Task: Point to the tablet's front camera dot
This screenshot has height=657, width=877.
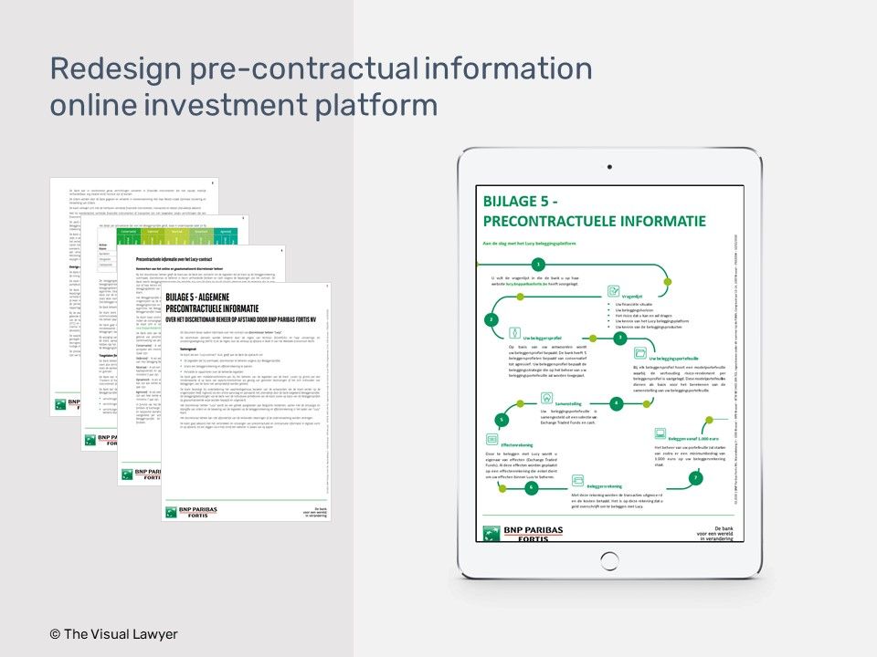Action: pos(609,168)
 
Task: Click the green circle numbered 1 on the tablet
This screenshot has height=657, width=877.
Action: pos(539,264)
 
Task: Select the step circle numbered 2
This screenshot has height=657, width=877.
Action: pos(491,319)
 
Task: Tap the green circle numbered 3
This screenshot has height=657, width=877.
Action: pos(619,338)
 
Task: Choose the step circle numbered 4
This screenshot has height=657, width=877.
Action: pos(616,402)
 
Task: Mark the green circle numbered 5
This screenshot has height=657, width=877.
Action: pos(501,420)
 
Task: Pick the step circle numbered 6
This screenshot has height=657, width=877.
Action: pos(531,487)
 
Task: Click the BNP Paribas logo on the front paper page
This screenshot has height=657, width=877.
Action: pos(186,512)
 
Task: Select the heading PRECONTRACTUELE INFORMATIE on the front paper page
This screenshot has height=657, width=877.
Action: pos(238,308)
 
